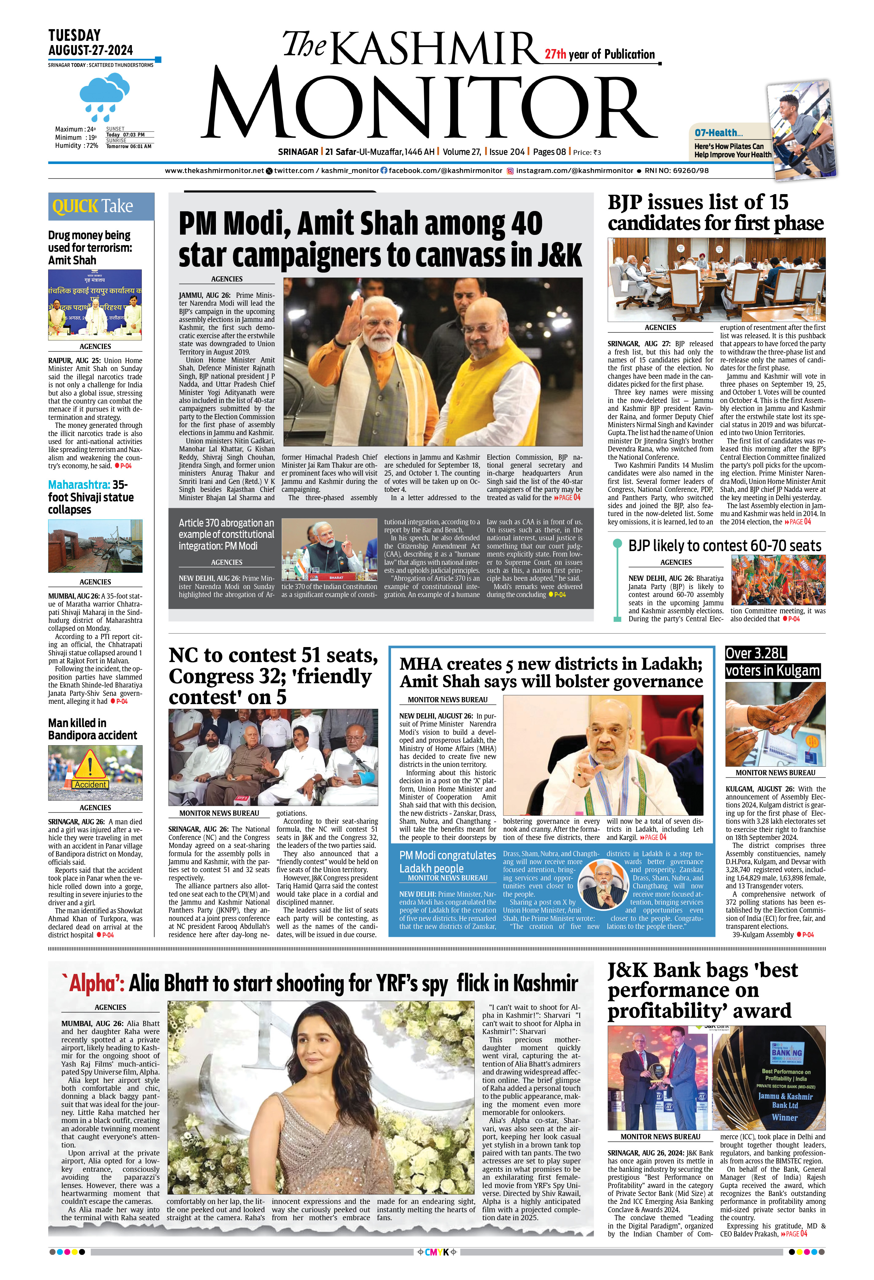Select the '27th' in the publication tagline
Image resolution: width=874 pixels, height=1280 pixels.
[x=555, y=54]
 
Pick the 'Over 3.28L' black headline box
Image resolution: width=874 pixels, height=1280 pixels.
[x=756, y=653]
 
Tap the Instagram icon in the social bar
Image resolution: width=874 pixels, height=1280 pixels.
[x=511, y=171]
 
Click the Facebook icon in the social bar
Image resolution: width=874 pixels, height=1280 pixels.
[x=384, y=171]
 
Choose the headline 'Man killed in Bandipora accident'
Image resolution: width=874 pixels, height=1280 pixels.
[x=92, y=729]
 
